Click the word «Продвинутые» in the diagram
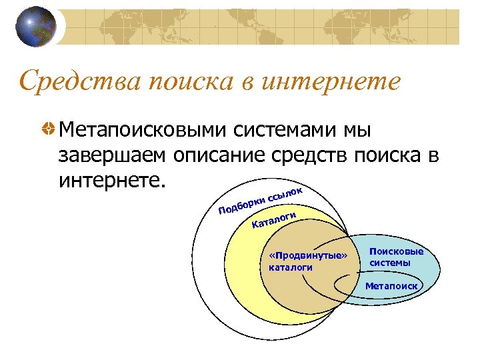[307, 256]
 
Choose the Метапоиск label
[391, 286]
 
